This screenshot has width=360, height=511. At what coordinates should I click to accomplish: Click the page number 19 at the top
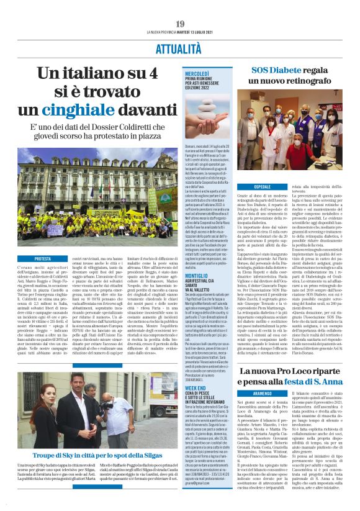pos(180,24)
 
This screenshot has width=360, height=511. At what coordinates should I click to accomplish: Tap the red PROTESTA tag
pos(43,259)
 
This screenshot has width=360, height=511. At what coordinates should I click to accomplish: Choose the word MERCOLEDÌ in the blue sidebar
pos(197,73)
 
